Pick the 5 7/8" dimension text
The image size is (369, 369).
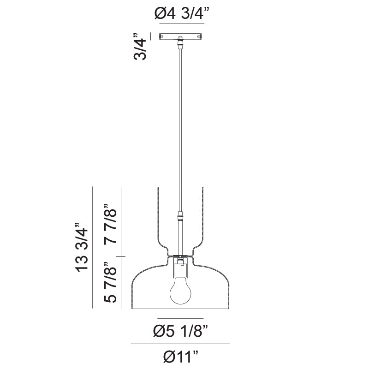(x=111, y=282)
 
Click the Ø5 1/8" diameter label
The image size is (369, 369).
(x=180, y=330)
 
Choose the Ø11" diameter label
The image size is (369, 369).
(x=180, y=356)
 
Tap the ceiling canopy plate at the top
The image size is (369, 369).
(x=180, y=36)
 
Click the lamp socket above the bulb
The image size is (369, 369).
(x=180, y=268)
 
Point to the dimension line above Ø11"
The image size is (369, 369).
(x=180, y=344)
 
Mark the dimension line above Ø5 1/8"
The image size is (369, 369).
(x=180, y=318)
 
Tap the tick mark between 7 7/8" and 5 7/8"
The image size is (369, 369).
(x=121, y=256)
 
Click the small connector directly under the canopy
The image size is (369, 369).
(x=180, y=44)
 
